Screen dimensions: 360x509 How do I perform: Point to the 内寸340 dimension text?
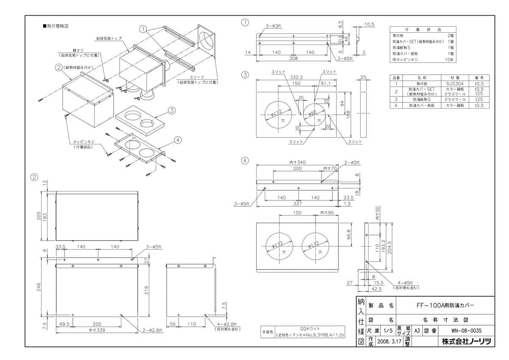click(x=297, y=163)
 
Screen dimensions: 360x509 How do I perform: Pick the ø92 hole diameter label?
click(x=312, y=113)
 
